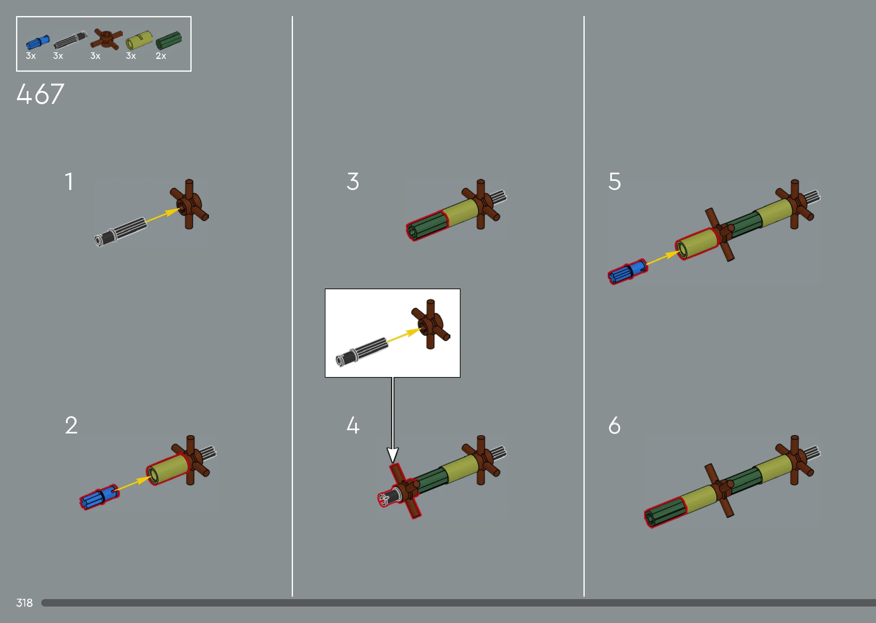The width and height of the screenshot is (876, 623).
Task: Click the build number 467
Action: [40, 94]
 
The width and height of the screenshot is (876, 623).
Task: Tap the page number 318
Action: [24, 603]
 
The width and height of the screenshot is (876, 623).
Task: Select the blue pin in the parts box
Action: [37, 42]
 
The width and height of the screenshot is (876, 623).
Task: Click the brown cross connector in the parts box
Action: [106, 39]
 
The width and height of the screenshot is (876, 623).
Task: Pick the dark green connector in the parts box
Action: [169, 41]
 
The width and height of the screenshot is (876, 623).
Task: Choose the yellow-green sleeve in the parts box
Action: [139, 40]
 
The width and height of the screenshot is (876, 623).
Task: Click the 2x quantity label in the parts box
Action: [161, 56]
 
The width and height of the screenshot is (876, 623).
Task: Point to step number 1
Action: [69, 181]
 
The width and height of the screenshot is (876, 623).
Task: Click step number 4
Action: [353, 425]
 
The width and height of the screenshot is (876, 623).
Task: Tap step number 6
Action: [614, 425]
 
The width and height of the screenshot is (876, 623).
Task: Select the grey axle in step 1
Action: [120, 232]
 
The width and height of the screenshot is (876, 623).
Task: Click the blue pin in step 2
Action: [99, 497]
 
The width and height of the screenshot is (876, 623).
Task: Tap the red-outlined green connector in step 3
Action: [427, 225]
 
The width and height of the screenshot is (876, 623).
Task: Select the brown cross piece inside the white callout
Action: [431, 324]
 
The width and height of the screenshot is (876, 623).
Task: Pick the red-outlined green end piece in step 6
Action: [665, 512]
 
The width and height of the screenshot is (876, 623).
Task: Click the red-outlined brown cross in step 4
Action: [405, 490]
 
